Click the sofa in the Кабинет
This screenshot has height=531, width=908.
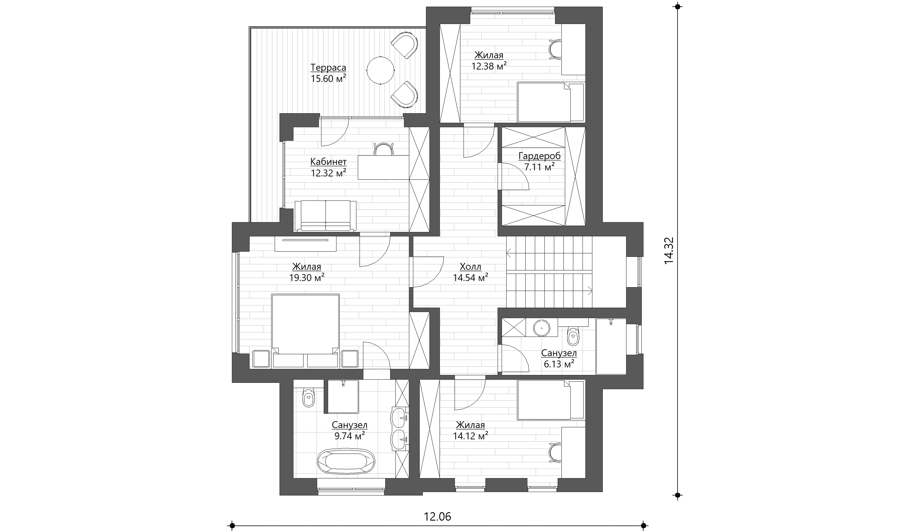pyautogui.click(x=325, y=216)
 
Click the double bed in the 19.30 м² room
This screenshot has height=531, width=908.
pyautogui.click(x=306, y=331)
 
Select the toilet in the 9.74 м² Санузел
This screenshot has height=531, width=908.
pyautogui.click(x=308, y=398)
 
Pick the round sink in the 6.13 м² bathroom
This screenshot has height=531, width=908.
pyautogui.click(x=541, y=328)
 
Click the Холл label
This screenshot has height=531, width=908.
pyautogui.click(x=470, y=267)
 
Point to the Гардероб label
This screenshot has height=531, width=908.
pyautogui.click(x=539, y=156)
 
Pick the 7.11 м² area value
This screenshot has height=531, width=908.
pyautogui.click(x=539, y=167)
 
